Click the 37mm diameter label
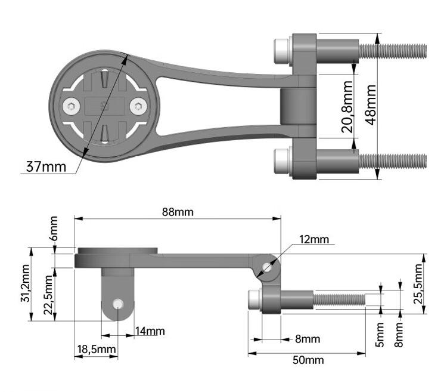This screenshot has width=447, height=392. coord(45,166)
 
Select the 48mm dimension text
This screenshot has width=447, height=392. coord(370,104)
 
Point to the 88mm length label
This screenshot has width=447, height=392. coord(178,212)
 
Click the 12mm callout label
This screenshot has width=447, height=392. coord(313,239)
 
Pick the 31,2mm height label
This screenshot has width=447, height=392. coord(24,285)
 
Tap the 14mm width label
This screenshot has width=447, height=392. coord(150,331)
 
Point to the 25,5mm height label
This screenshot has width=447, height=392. coord(418,283)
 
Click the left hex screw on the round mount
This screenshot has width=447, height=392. coord(71,107)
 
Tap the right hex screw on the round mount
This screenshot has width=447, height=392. coord(139,107)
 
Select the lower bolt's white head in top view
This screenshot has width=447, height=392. coord(281,160)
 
